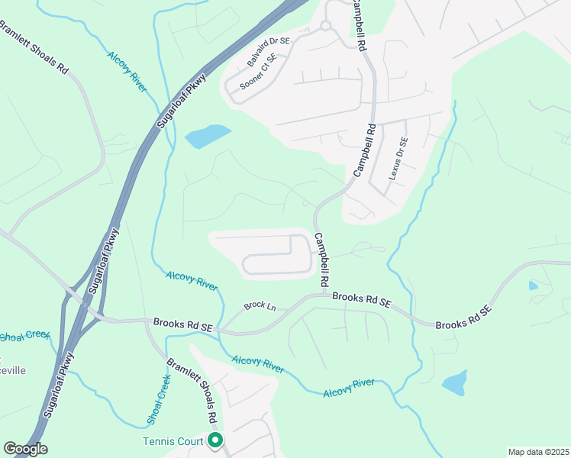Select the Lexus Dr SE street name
pos(398,158)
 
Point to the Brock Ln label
pos(259,306)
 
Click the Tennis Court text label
pos(173,441)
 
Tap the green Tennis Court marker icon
pos(215,440)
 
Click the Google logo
pos(25,449)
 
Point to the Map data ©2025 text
pos(537,452)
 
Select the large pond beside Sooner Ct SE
pos(207,137)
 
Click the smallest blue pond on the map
pos(533,286)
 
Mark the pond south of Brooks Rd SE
pos(454,383)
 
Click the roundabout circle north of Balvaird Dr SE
pos(324,26)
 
